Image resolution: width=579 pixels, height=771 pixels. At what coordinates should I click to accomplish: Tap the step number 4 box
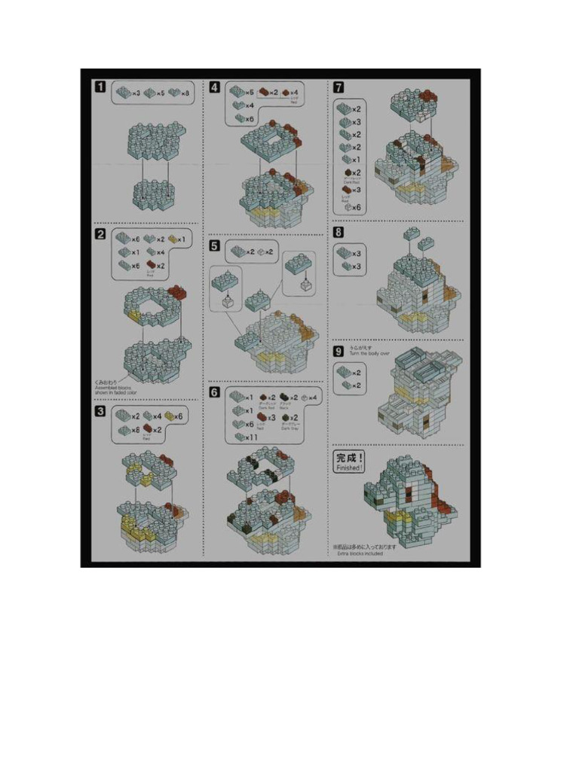pos(215,87)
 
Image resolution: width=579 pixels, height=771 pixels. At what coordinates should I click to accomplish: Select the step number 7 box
pos(339,87)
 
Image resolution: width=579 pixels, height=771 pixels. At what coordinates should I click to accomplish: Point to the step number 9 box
pos(339,351)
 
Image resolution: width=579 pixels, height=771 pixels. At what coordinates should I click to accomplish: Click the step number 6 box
pos(215,392)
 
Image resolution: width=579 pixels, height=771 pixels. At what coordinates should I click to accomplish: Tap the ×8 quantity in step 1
pos(185,93)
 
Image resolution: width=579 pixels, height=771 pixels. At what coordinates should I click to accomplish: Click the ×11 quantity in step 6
pos(252,437)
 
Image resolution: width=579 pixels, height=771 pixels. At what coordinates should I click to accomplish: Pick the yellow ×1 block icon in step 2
pos(173,239)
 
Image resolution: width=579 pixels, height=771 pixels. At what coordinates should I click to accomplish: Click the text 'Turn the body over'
pos(369,353)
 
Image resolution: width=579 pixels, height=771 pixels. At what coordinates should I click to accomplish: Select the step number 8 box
pos(339,233)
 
